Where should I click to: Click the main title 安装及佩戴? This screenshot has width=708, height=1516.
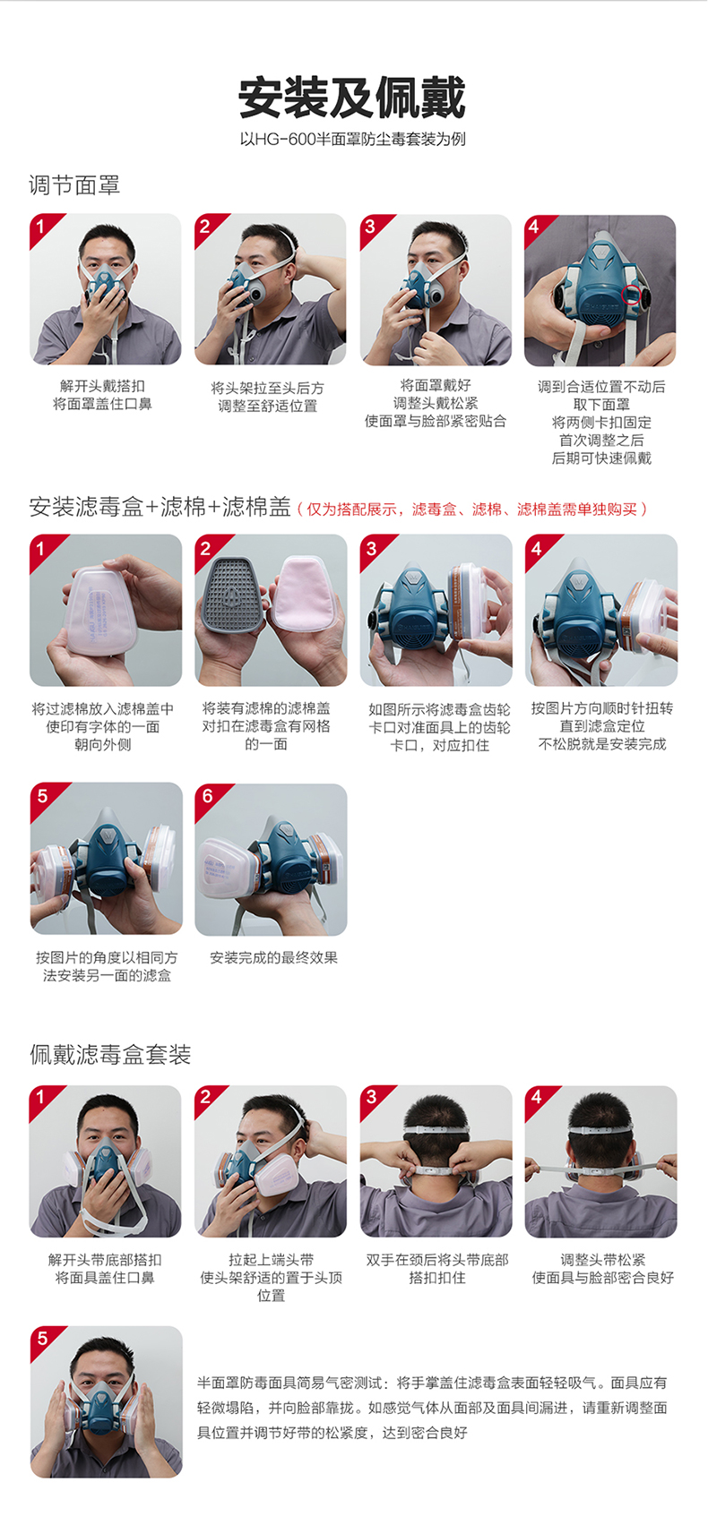[352, 98]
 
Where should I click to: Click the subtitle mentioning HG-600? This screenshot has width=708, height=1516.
[352, 139]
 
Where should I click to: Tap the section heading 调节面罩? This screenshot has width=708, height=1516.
[74, 184]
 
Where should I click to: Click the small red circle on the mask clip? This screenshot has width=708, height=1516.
[632, 295]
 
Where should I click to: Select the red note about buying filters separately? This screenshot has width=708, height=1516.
[473, 509]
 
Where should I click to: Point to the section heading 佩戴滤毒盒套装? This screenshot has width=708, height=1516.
[110, 1054]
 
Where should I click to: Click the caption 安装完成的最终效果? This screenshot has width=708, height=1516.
[273, 957]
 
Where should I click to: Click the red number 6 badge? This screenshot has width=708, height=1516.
[209, 797]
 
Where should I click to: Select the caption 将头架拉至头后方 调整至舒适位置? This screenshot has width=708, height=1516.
[268, 397]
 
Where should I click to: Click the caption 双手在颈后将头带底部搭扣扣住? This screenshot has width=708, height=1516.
[437, 1268]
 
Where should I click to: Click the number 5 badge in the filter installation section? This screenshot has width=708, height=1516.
[43, 797]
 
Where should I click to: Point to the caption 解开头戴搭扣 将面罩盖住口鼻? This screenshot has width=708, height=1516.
[102, 395]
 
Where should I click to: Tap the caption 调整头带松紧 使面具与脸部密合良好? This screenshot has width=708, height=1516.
[603, 1268]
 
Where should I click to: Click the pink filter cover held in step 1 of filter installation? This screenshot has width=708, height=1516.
[101, 612]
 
